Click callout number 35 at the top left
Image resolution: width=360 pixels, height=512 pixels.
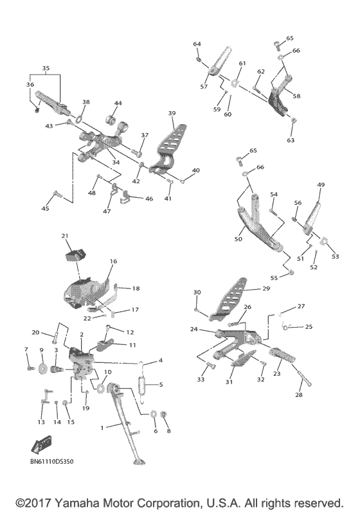45,67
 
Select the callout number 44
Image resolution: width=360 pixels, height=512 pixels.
118,103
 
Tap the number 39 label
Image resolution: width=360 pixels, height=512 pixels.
172,113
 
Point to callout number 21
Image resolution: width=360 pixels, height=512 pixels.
65,236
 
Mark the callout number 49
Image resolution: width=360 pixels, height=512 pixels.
320,185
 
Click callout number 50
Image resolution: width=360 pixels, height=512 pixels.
238,239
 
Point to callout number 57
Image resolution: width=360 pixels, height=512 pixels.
204,86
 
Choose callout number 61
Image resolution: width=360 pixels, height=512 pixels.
242,64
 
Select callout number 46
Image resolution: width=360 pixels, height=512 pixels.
149,199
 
